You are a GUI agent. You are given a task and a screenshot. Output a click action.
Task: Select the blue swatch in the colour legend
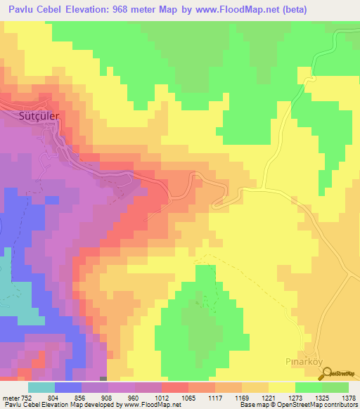click(68, 387)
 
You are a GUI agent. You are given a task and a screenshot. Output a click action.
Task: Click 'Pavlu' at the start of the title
click(19, 8)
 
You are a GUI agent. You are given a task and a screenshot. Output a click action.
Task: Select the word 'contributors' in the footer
click(339, 405)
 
